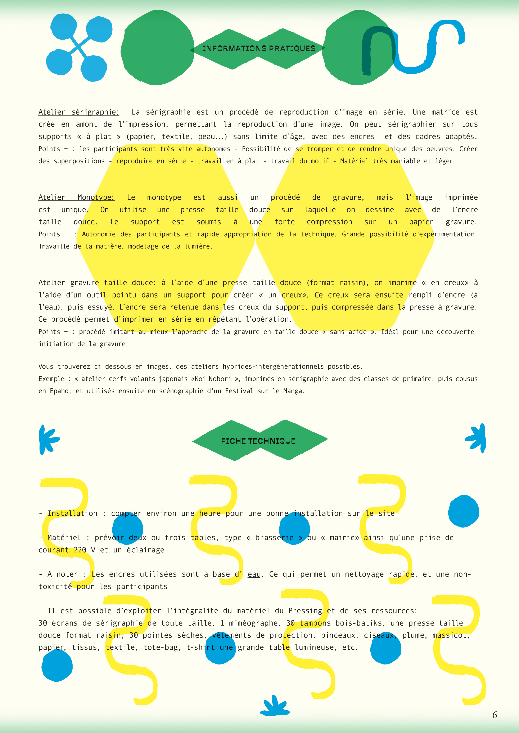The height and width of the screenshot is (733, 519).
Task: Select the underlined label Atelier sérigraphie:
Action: click(x=79, y=112)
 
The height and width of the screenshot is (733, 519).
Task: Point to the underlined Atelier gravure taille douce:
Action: click(x=97, y=283)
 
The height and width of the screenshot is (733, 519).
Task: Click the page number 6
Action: click(x=494, y=715)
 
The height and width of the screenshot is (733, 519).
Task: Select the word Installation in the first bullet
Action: click(x=73, y=513)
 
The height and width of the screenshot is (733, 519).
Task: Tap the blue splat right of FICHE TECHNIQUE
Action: click(x=477, y=439)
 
